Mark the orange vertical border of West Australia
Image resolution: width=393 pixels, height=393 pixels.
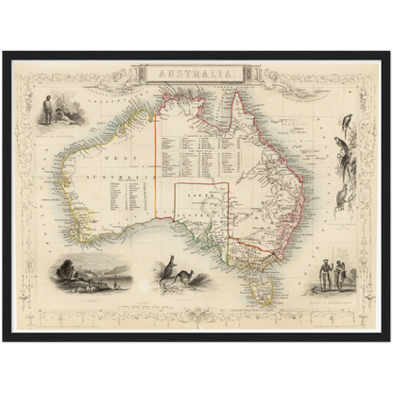(156, 170)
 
